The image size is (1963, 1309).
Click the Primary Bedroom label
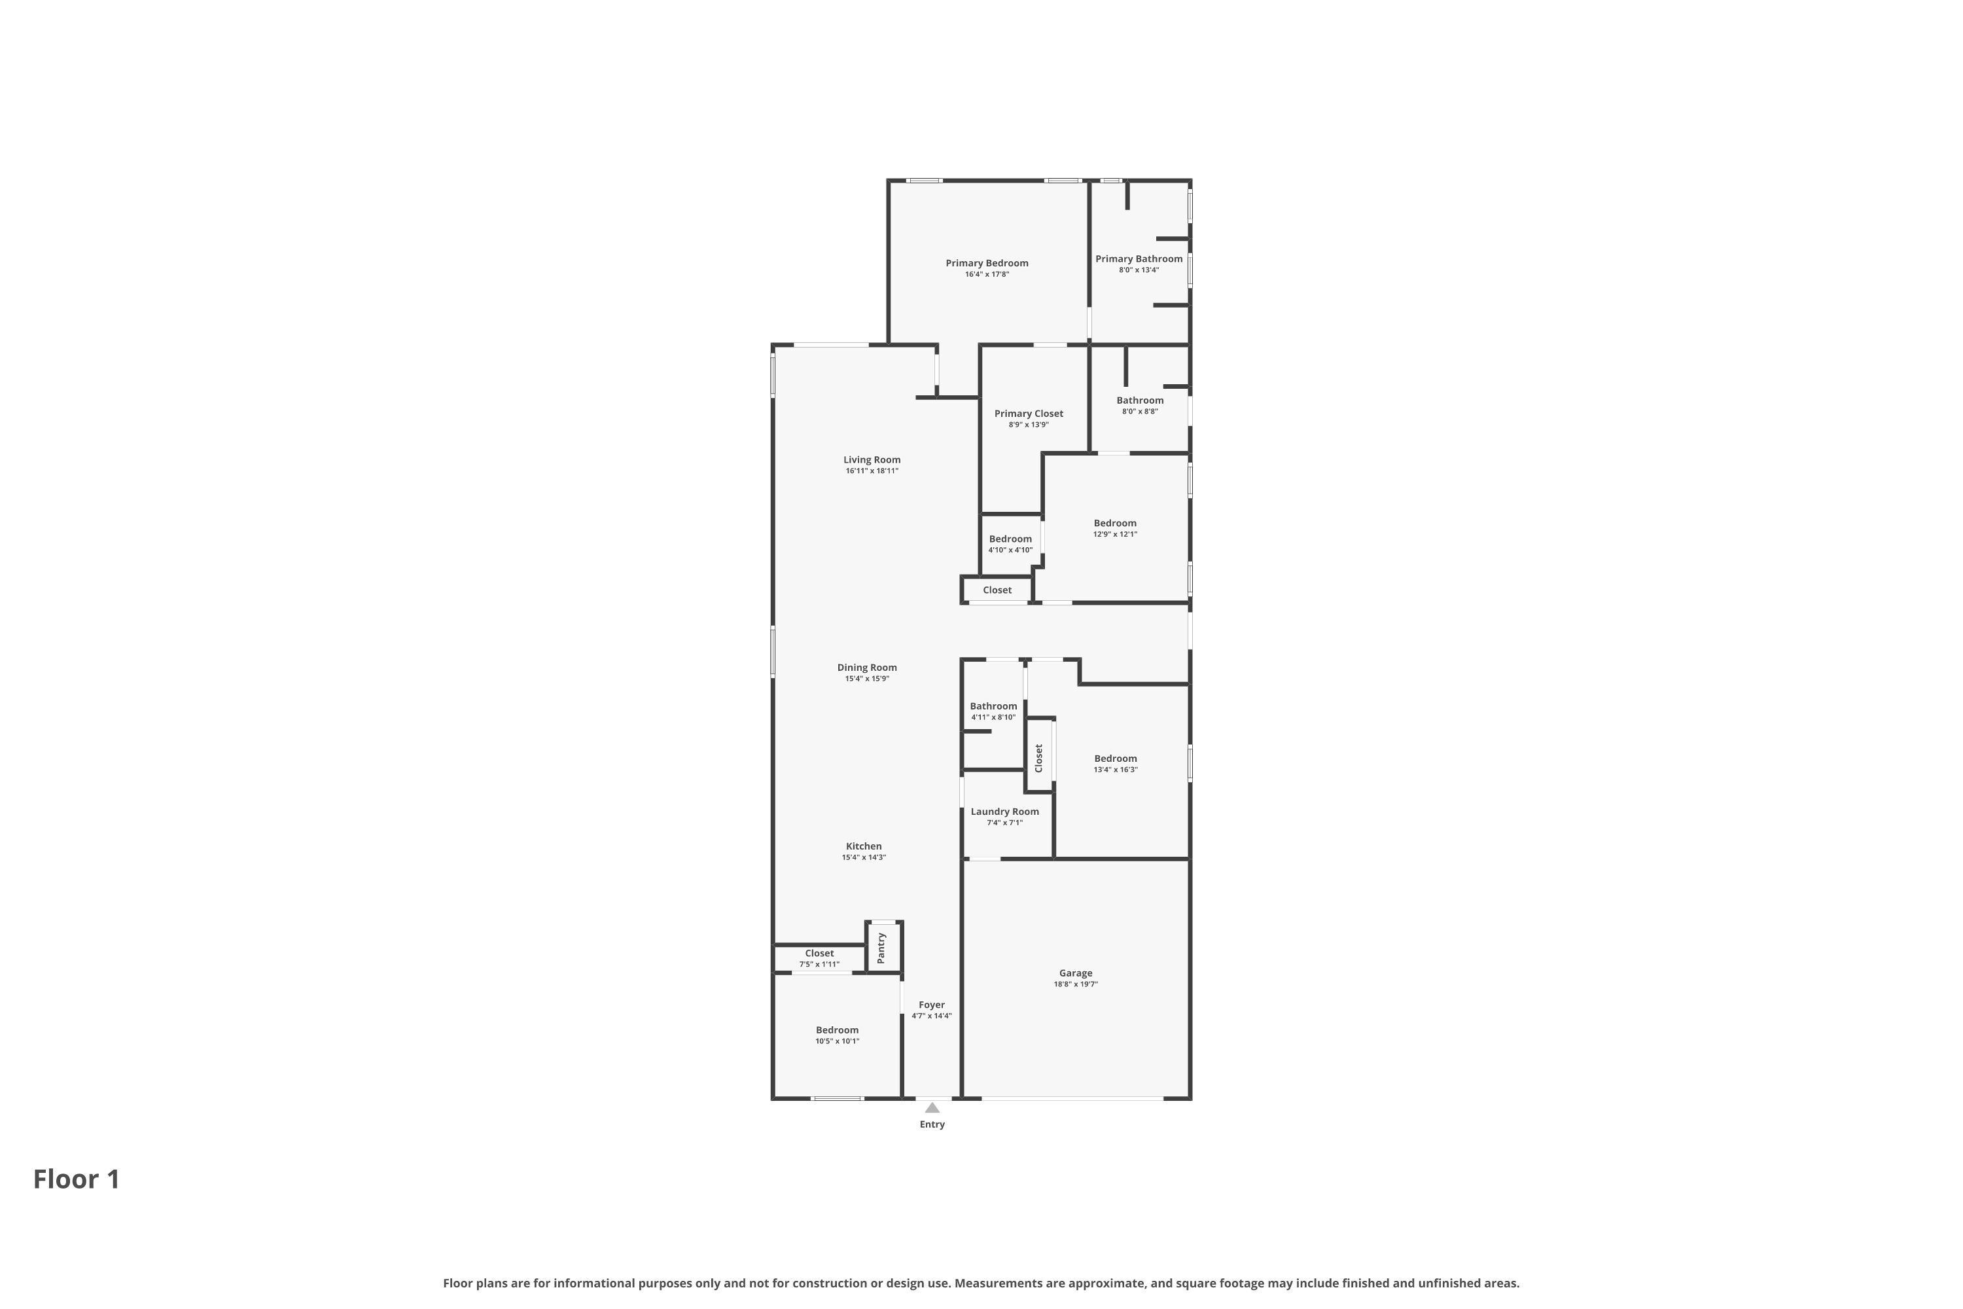pos(987,263)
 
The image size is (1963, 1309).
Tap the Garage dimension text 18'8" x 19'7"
pos(1075,984)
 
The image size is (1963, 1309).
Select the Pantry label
pos(881,948)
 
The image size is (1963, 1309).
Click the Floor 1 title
pos(77,1179)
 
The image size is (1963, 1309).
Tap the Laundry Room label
pos(1004,812)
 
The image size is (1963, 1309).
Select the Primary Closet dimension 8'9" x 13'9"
pos(1028,425)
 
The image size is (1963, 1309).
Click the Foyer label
pos(931,1005)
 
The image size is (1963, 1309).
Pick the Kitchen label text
pos(864,846)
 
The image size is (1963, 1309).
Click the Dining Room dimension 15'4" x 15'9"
pos(866,679)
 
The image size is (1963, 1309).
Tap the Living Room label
pos(872,459)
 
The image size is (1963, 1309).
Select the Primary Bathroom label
pos(1139,259)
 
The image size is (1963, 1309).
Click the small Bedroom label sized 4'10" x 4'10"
pos(1010,539)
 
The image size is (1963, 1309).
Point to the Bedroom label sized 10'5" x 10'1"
pos(837,1030)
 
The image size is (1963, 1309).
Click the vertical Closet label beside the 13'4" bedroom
pos(1039,758)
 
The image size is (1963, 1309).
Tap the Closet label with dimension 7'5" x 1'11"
pos(819,954)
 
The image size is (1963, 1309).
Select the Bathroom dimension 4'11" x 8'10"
pos(993,717)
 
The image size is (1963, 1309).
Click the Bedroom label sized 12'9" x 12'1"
pos(1115,524)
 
